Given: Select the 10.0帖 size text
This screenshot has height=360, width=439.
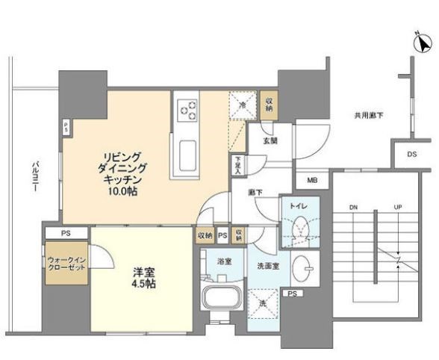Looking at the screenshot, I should (x=121, y=192).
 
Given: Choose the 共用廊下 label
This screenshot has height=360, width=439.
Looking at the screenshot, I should (x=368, y=115).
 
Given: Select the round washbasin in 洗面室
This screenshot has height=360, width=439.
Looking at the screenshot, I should (x=304, y=267).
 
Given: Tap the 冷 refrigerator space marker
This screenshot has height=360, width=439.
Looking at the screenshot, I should (x=243, y=105).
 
